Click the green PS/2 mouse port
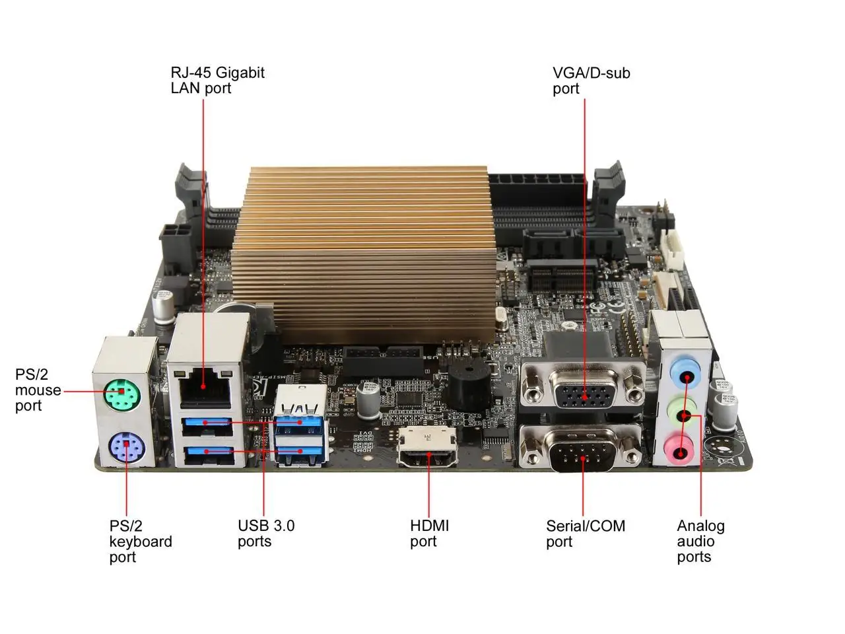tap(122, 395)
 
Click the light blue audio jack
tap(685, 371)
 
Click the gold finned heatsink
tap(364, 254)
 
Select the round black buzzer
tap(469, 386)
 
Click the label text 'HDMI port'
tap(429, 534)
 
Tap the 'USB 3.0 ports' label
tap(266, 534)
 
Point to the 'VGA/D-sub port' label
tap(591, 81)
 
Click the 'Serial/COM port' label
tap(586, 534)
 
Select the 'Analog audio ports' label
tap(700, 542)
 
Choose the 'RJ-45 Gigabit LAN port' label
tap(217, 80)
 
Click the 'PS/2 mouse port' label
tap(38, 390)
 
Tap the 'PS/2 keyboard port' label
tap(141, 542)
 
